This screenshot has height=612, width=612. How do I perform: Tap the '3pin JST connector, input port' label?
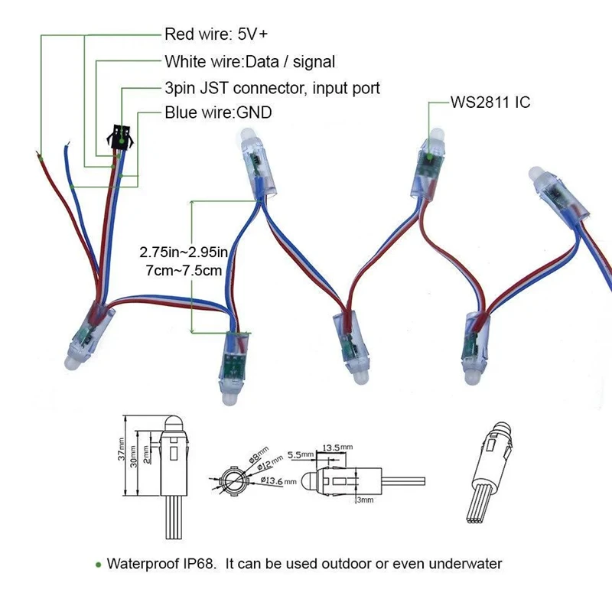pos(272,88)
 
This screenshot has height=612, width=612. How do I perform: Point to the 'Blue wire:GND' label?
pos(218,113)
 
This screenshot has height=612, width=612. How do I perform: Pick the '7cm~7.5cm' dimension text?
pos(181,270)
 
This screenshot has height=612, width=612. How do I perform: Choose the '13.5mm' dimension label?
pos(337,447)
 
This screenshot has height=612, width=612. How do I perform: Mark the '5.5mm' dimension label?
pos(300,454)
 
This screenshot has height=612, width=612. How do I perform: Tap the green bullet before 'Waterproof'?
pos(98,565)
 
